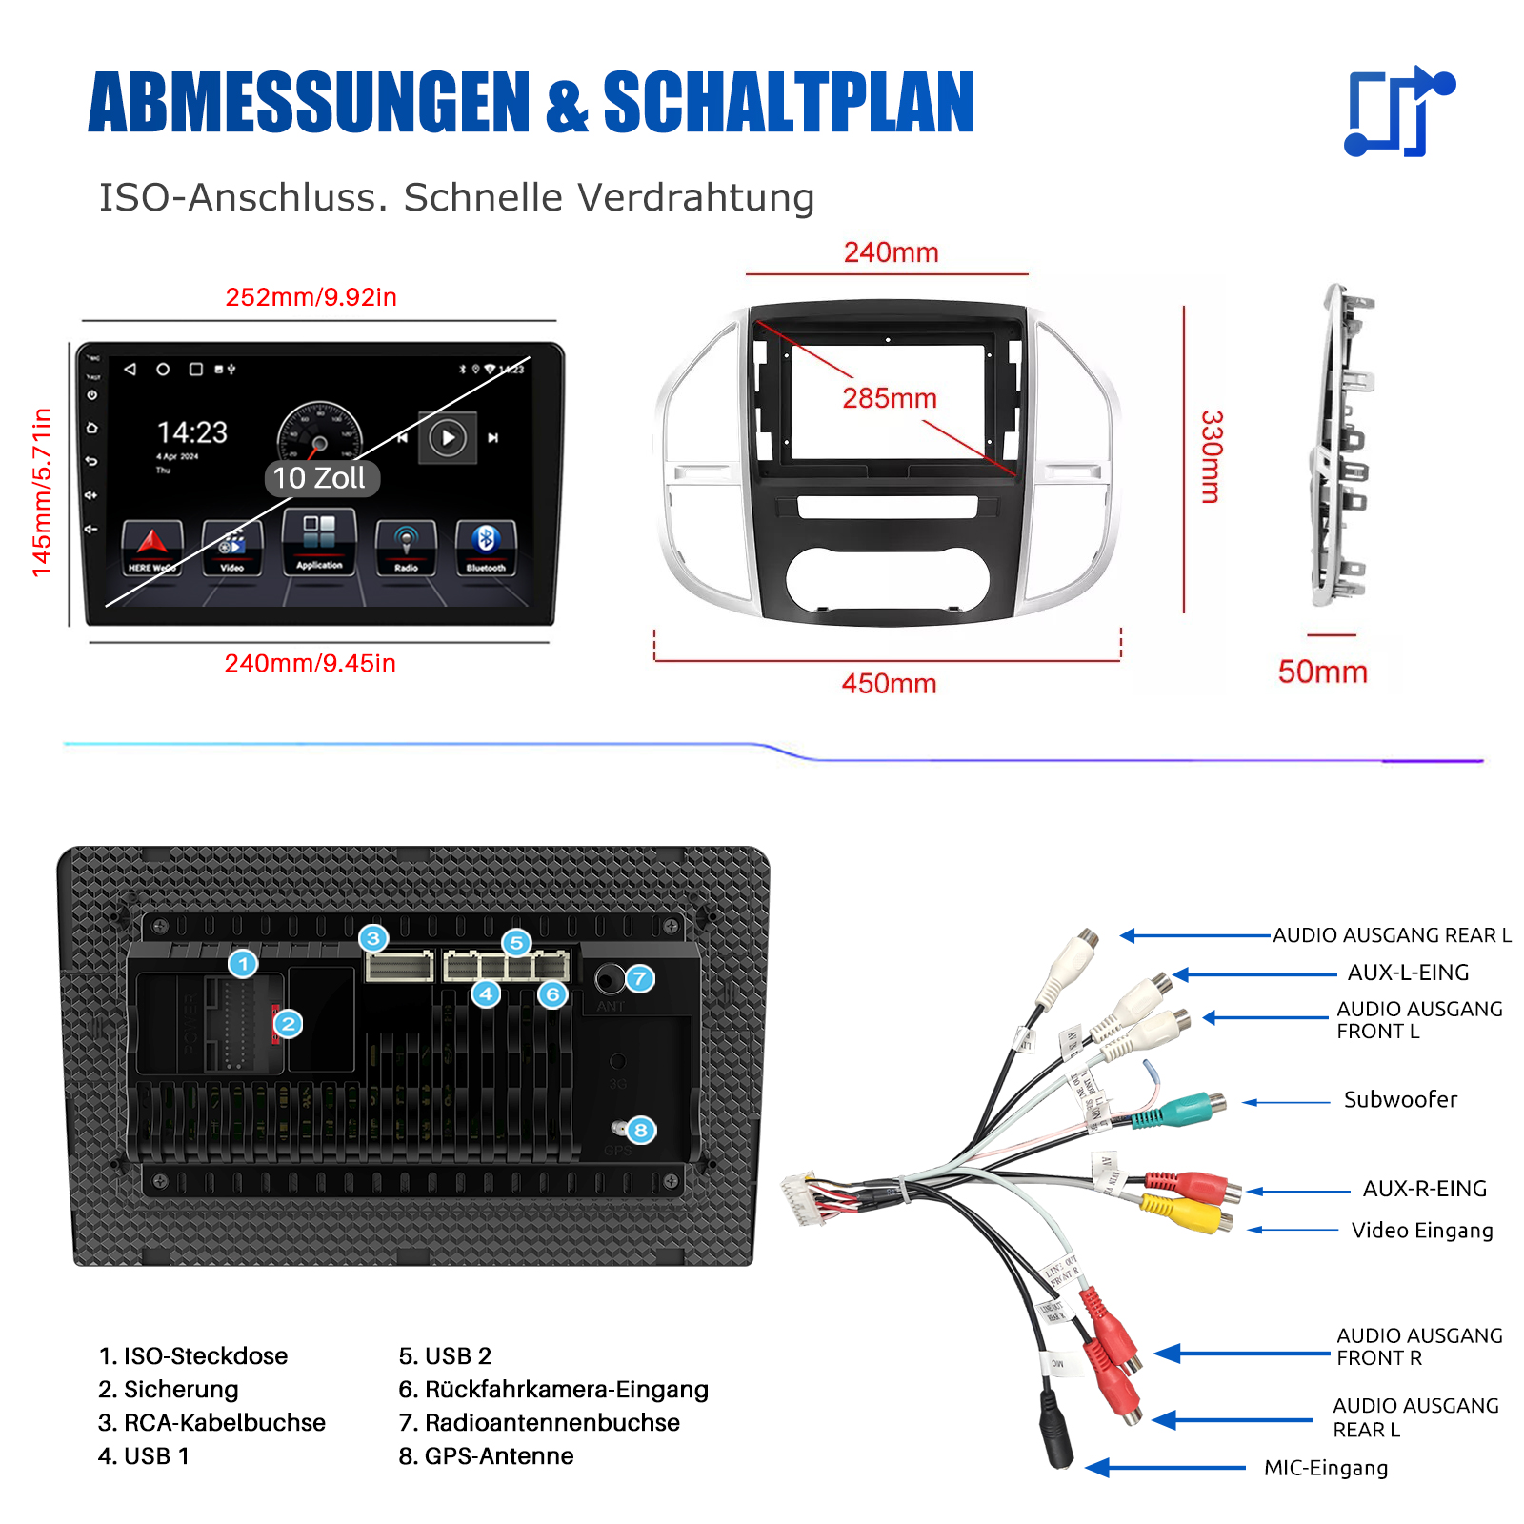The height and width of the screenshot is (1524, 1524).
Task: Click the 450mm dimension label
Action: pyautogui.click(x=889, y=684)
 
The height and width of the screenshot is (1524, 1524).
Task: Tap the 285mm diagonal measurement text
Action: pyautogui.click(x=890, y=398)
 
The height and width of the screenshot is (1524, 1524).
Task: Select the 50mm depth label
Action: pyautogui.click(x=1322, y=672)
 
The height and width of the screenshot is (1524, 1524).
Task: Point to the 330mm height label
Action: pyautogui.click(x=1211, y=456)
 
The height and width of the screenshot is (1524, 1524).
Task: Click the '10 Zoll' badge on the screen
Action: pyautogui.click(x=320, y=478)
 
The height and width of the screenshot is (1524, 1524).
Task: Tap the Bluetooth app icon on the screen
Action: pyautogui.click(x=486, y=547)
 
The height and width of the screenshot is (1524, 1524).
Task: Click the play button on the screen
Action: pyautogui.click(x=448, y=438)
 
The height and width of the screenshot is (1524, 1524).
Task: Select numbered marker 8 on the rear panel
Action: pyautogui.click(x=641, y=1131)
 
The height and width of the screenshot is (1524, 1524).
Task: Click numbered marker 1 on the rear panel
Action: pyautogui.click(x=243, y=964)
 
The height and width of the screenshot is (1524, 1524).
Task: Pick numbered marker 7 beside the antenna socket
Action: pyautogui.click(x=640, y=978)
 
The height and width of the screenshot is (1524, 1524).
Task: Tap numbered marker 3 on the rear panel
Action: pyautogui.click(x=373, y=939)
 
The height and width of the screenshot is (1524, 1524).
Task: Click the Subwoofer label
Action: pyautogui.click(x=1400, y=1100)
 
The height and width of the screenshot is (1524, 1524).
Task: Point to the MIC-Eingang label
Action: pyautogui.click(x=1326, y=1468)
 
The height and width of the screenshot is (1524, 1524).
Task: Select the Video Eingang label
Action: pyautogui.click(x=1422, y=1231)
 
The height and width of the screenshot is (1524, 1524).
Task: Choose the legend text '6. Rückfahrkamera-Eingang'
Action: pyautogui.click(x=553, y=1390)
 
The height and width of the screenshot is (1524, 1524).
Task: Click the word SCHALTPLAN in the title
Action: pyautogui.click(x=789, y=103)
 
